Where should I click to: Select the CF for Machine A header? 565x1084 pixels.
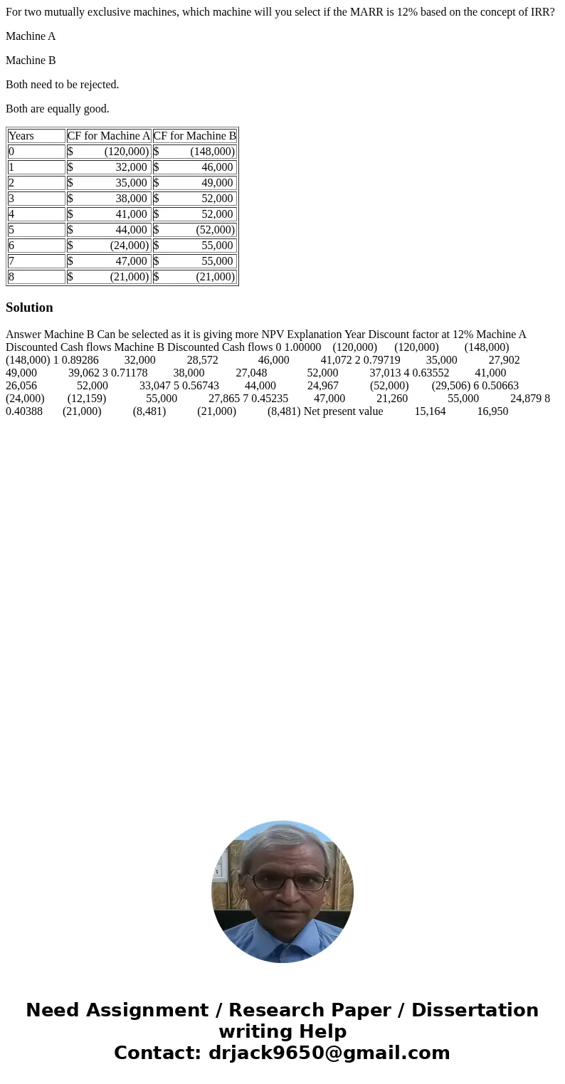(109, 136)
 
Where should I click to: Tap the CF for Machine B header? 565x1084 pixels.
(194, 136)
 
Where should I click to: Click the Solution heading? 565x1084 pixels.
(29, 307)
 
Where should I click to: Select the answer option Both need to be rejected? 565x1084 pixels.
(63, 85)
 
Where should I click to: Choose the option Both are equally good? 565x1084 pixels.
(58, 109)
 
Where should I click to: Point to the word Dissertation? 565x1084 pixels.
(475, 1010)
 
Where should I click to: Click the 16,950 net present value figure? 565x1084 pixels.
(492, 411)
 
